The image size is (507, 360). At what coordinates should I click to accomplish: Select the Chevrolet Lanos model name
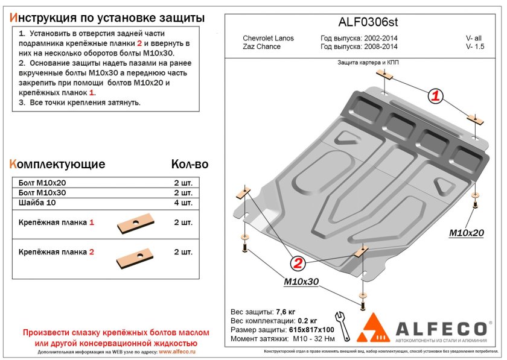click(268, 39)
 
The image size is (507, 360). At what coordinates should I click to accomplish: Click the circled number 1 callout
click(436, 95)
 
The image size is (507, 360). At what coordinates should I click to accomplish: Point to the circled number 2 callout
click(297, 262)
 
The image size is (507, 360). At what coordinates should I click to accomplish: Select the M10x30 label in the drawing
click(301, 282)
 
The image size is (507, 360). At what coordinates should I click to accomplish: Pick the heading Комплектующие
click(57, 164)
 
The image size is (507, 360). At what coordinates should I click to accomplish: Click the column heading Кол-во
click(190, 164)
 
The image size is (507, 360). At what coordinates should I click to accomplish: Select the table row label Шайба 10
click(37, 203)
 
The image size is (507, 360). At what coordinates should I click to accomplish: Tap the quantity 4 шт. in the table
click(183, 203)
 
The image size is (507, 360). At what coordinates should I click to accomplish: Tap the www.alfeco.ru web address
click(176, 351)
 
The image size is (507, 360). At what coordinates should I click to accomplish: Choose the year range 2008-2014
click(376, 46)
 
